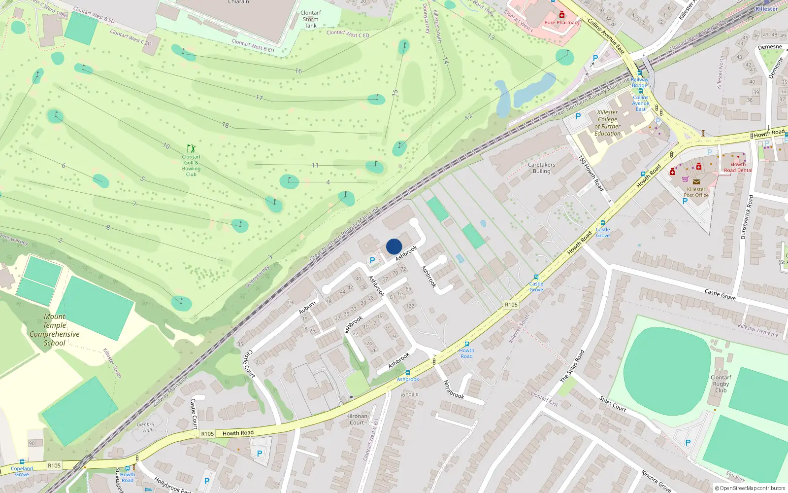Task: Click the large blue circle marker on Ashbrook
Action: [x=394, y=246]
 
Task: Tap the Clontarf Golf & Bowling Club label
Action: [x=192, y=166]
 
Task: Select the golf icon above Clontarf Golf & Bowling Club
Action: [x=191, y=148]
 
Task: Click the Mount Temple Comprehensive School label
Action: [x=54, y=330]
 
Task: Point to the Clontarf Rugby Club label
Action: [x=721, y=384]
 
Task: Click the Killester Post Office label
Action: [x=696, y=192]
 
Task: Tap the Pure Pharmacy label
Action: [x=562, y=23]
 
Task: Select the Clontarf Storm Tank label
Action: [x=310, y=19]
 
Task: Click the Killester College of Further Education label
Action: [x=607, y=123]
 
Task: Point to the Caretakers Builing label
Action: [x=541, y=168]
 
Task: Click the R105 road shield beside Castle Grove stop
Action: [x=511, y=305]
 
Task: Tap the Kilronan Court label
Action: [x=357, y=420]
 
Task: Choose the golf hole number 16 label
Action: [x=298, y=71]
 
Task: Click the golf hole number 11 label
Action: [x=315, y=165]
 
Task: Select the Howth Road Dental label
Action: [x=738, y=168]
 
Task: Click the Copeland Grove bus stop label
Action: [x=22, y=471]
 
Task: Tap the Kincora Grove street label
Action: [x=656, y=481]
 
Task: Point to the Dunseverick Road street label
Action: [x=747, y=217]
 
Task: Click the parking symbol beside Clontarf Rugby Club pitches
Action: [x=688, y=443]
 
